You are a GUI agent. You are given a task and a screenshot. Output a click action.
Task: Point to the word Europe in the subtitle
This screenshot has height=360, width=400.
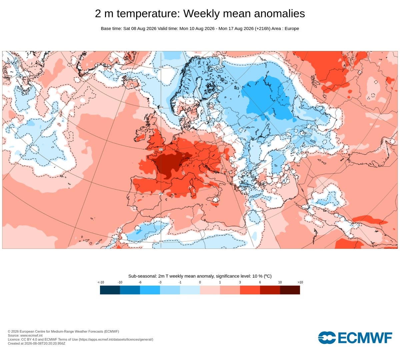(x=292, y=29)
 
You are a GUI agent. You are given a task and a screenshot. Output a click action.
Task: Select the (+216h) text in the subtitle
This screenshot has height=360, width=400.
(x=263, y=29)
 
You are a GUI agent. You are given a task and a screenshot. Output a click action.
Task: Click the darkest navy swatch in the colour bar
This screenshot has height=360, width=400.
(x=110, y=290)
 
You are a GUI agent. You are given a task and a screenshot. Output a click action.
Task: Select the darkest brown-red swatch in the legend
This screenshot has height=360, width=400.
(x=290, y=290)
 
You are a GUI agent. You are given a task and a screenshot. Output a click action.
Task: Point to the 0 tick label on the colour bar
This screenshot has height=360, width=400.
(x=200, y=282)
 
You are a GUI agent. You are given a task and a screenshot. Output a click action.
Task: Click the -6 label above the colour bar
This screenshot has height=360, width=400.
(x=140, y=282)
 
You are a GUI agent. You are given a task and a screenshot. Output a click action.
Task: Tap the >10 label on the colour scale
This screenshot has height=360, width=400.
(x=300, y=282)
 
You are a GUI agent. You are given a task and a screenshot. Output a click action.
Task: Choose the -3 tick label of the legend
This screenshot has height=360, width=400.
(x=160, y=282)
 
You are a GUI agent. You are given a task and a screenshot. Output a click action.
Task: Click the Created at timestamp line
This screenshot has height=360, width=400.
(x=36, y=343)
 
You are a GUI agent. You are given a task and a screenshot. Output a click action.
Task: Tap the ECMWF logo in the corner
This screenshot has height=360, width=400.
(x=355, y=338)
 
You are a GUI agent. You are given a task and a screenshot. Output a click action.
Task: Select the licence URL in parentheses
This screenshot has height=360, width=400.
(x=116, y=339)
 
